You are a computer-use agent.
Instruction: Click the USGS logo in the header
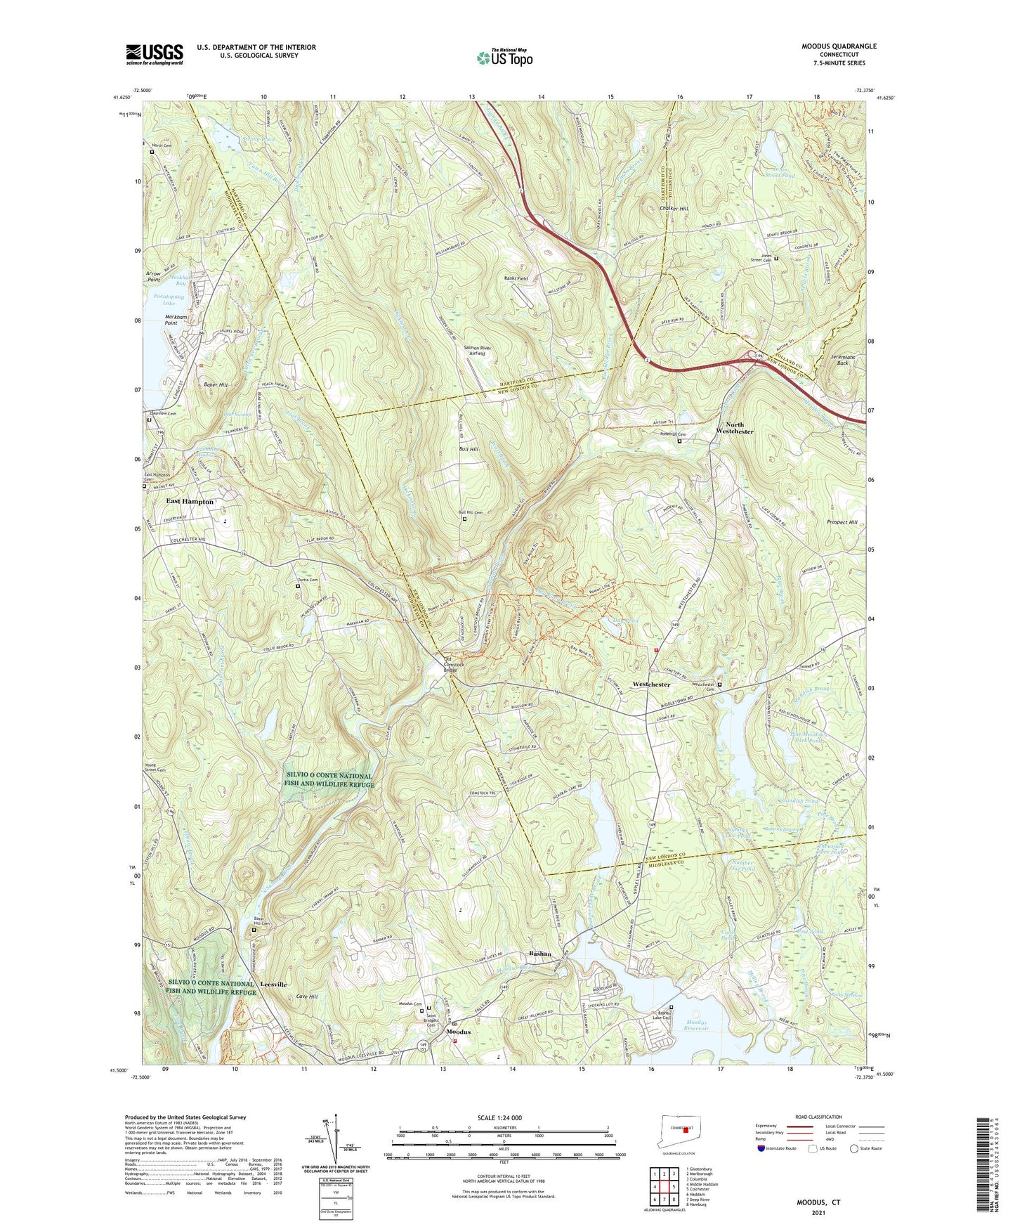(x=154, y=54)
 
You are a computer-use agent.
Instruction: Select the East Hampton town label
(x=190, y=502)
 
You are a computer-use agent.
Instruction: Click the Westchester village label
(x=651, y=684)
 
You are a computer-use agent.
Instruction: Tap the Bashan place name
(x=539, y=954)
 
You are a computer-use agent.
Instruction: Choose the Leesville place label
(x=273, y=984)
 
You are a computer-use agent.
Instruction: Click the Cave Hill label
(x=306, y=996)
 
